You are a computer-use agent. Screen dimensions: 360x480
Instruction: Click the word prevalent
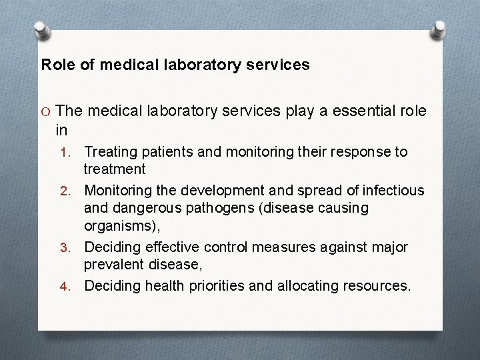(112, 266)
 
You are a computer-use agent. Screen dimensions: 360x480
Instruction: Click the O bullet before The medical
(45, 111)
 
